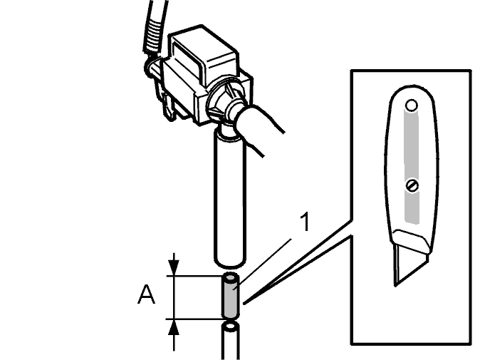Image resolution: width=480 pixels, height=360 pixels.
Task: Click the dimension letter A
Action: pos(146,294)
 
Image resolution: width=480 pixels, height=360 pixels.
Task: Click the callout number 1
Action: pos(305,222)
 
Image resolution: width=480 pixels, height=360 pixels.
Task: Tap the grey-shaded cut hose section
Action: pos(231,296)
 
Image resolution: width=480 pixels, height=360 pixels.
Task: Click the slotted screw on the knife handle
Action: pos(412,185)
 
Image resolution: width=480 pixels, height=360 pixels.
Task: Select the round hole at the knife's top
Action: pos(412,106)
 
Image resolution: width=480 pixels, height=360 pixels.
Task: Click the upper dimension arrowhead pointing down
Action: pos(174,267)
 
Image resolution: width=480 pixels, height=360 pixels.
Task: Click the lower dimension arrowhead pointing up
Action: pos(174,328)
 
